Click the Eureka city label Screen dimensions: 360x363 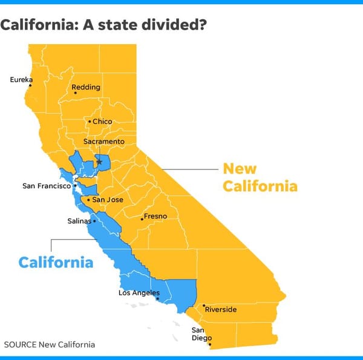click(x=21, y=79)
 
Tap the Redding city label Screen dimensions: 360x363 click(x=86, y=88)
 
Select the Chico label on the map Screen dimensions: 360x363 click(x=102, y=122)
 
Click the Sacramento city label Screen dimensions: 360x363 click(x=103, y=142)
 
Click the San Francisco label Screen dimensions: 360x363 click(x=46, y=186)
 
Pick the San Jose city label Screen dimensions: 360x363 click(x=108, y=200)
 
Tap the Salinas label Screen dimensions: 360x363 click(x=79, y=221)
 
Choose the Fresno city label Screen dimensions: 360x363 click(x=155, y=216)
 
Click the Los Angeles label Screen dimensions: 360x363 click(x=139, y=293)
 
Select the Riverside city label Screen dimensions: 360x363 click(x=221, y=310)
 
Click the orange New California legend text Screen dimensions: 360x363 click(x=260, y=177)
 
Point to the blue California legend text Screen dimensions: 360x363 click(x=56, y=263)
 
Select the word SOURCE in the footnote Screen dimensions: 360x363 click(x=21, y=345)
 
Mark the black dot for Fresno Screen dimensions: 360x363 click(x=142, y=219)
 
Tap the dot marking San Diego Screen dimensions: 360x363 click(x=210, y=345)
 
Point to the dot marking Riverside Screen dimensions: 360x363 click(x=204, y=306)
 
